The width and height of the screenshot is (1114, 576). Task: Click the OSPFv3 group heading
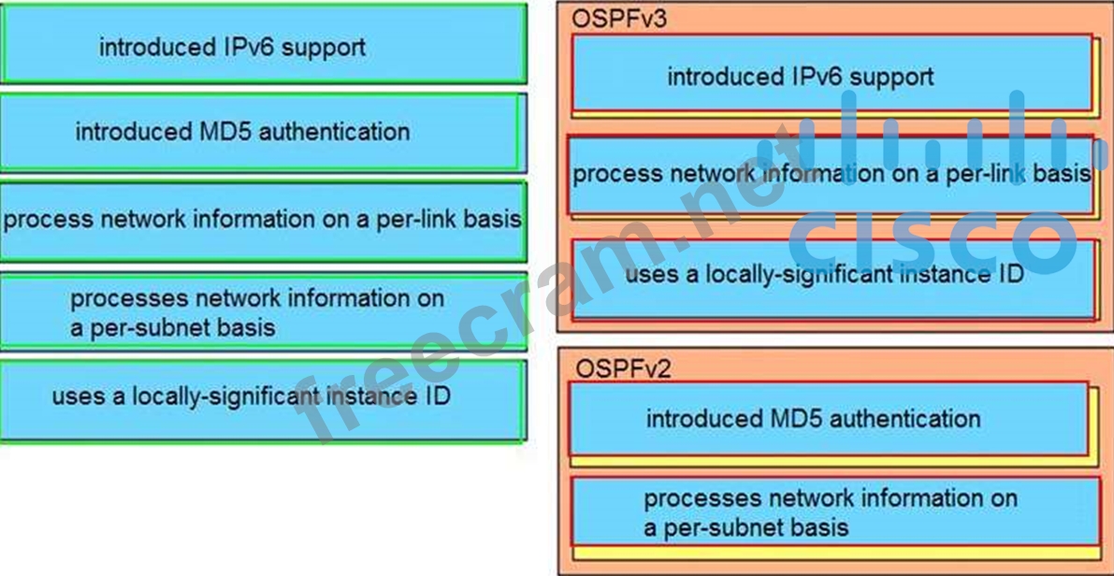tap(621, 18)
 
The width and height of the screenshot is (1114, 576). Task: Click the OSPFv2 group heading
tap(623, 368)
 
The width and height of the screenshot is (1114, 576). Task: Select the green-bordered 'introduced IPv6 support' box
tap(262, 44)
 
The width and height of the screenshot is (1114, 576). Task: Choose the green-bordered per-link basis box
tap(263, 221)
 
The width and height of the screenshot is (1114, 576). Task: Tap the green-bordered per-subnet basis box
tap(263, 312)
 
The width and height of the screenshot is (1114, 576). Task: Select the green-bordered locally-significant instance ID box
tap(262, 397)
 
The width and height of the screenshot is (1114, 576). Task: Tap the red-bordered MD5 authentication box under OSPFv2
tap(829, 418)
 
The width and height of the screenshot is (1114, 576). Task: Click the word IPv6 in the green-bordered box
tap(248, 47)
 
